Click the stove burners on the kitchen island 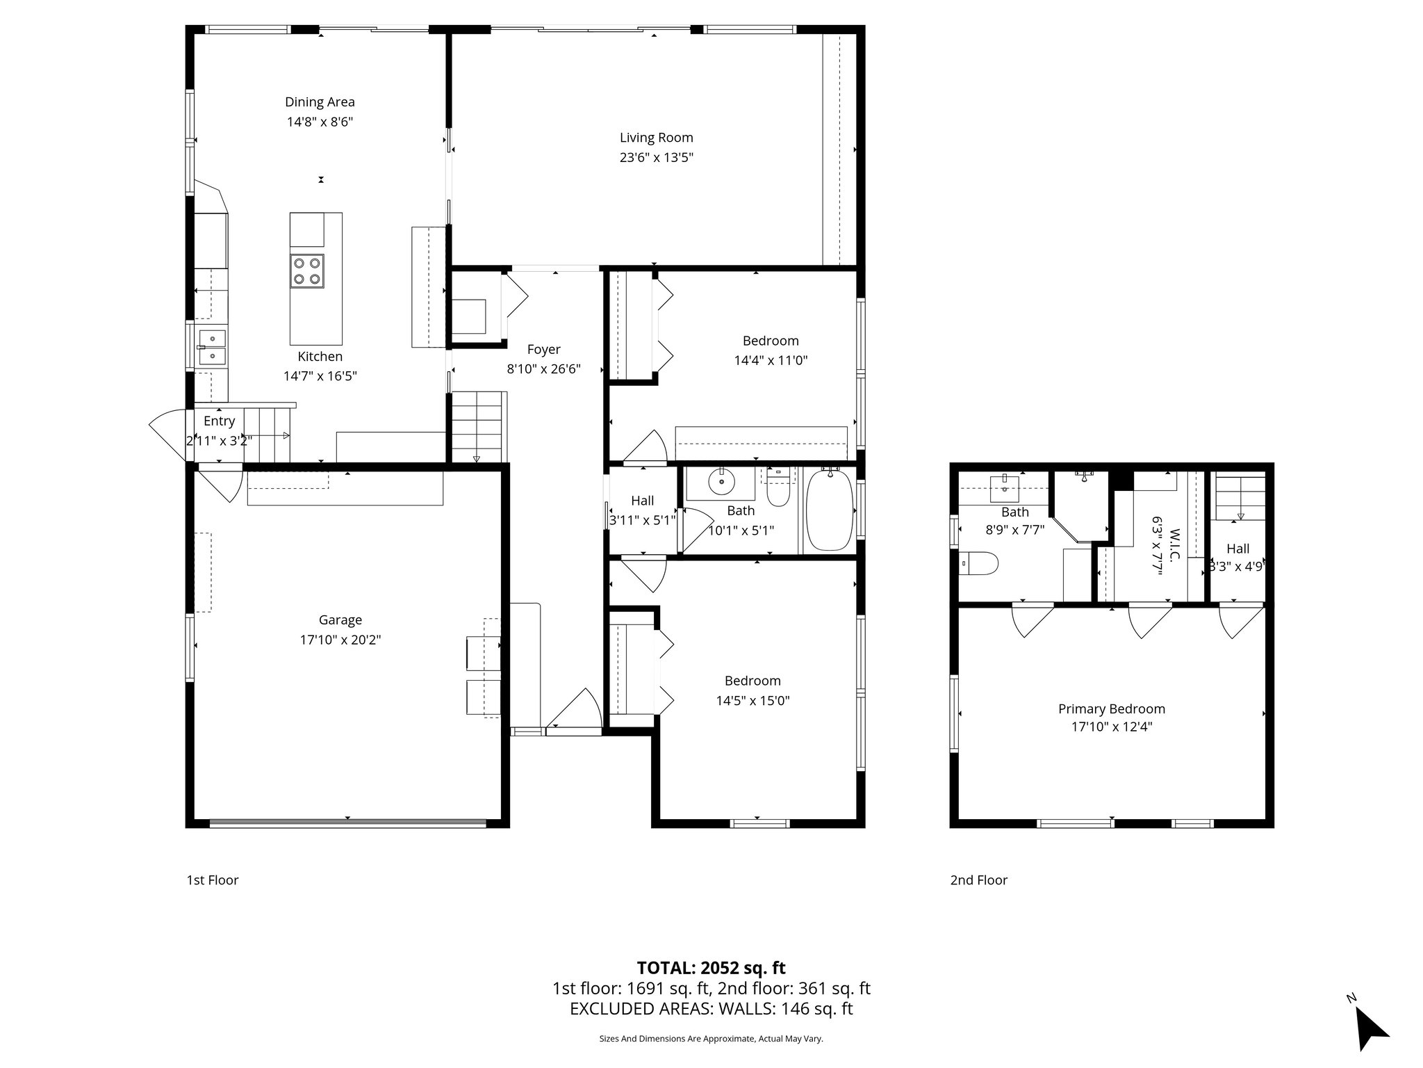pyautogui.click(x=307, y=271)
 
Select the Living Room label pyautogui.click(x=656, y=138)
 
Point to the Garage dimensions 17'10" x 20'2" pyautogui.click(x=340, y=640)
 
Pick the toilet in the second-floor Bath pyautogui.click(x=980, y=563)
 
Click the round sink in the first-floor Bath pyautogui.click(x=722, y=481)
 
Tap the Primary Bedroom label pyautogui.click(x=1111, y=709)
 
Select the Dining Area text pyautogui.click(x=320, y=102)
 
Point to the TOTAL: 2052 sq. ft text pyautogui.click(x=711, y=968)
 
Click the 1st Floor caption pyautogui.click(x=212, y=880)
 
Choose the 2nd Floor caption pyautogui.click(x=978, y=880)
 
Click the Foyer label pyautogui.click(x=543, y=350)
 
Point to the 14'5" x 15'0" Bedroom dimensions pyautogui.click(x=752, y=701)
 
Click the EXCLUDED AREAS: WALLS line pyautogui.click(x=711, y=1009)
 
